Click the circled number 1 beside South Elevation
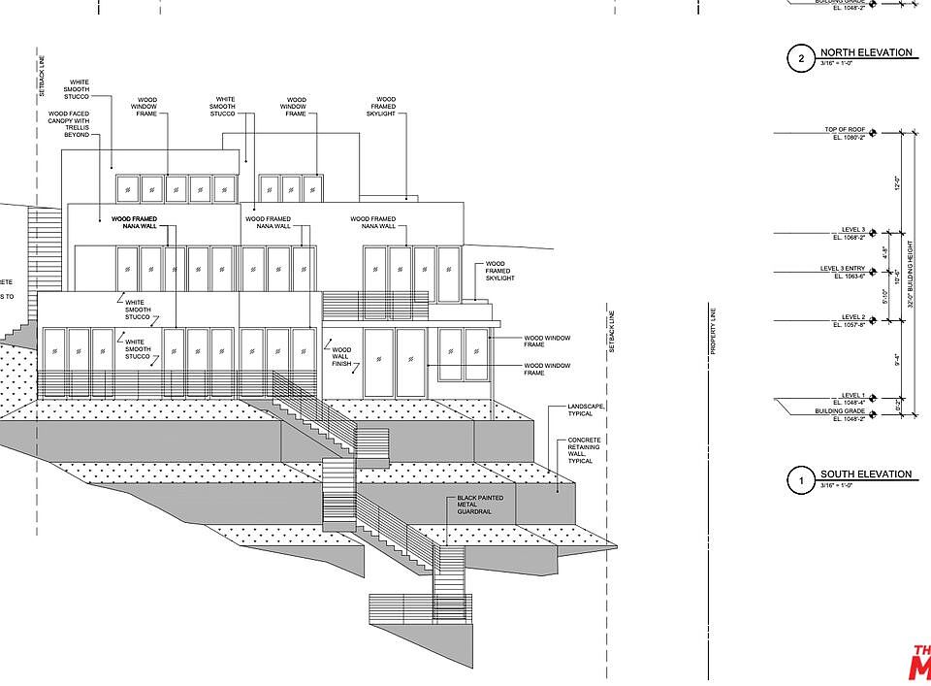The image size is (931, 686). pyautogui.click(x=801, y=480)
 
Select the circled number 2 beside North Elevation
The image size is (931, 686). pyautogui.click(x=801, y=58)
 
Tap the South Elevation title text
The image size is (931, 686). pyautogui.click(x=866, y=474)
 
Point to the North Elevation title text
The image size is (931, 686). pyautogui.click(x=866, y=52)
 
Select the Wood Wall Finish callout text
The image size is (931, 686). pyautogui.click(x=341, y=357)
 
